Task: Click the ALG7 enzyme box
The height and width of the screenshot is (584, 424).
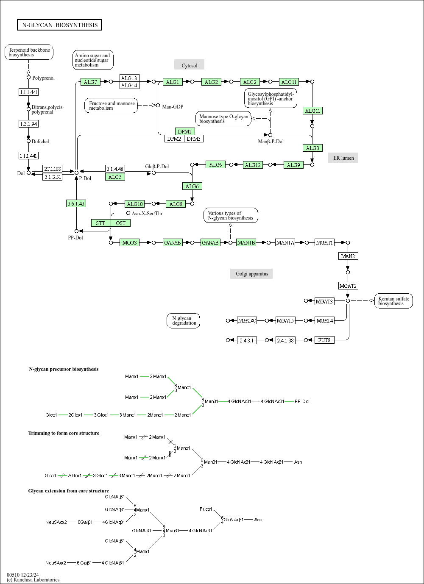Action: tap(90, 82)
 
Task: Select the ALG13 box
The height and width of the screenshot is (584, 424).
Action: tap(129, 78)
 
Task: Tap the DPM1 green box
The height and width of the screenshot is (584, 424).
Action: tap(185, 131)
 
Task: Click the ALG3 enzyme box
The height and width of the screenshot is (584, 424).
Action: tap(312, 148)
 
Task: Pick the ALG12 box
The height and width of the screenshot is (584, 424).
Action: tap(253, 165)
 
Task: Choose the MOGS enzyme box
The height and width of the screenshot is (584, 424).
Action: tap(129, 242)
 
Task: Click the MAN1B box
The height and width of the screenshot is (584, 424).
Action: tap(246, 242)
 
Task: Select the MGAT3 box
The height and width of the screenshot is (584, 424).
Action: tap(324, 301)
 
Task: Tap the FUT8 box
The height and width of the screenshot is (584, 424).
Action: tap(324, 340)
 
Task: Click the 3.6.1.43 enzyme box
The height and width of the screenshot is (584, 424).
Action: tap(76, 203)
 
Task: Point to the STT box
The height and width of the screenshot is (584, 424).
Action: tap(101, 223)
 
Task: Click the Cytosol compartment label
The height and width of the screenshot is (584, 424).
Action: tap(189, 65)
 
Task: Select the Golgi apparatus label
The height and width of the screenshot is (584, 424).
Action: tap(251, 274)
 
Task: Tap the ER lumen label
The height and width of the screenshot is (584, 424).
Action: tap(343, 158)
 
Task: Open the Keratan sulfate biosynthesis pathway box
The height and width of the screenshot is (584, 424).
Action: tap(393, 301)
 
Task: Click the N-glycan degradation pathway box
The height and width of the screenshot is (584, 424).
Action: tap(183, 321)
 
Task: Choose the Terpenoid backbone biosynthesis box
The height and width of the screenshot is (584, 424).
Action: tap(29, 52)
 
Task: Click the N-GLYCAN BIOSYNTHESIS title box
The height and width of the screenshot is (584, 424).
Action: tap(59, 25)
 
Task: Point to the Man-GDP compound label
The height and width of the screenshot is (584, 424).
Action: tap(173, 106)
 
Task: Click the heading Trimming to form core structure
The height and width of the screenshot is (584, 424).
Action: tap(64, 433)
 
